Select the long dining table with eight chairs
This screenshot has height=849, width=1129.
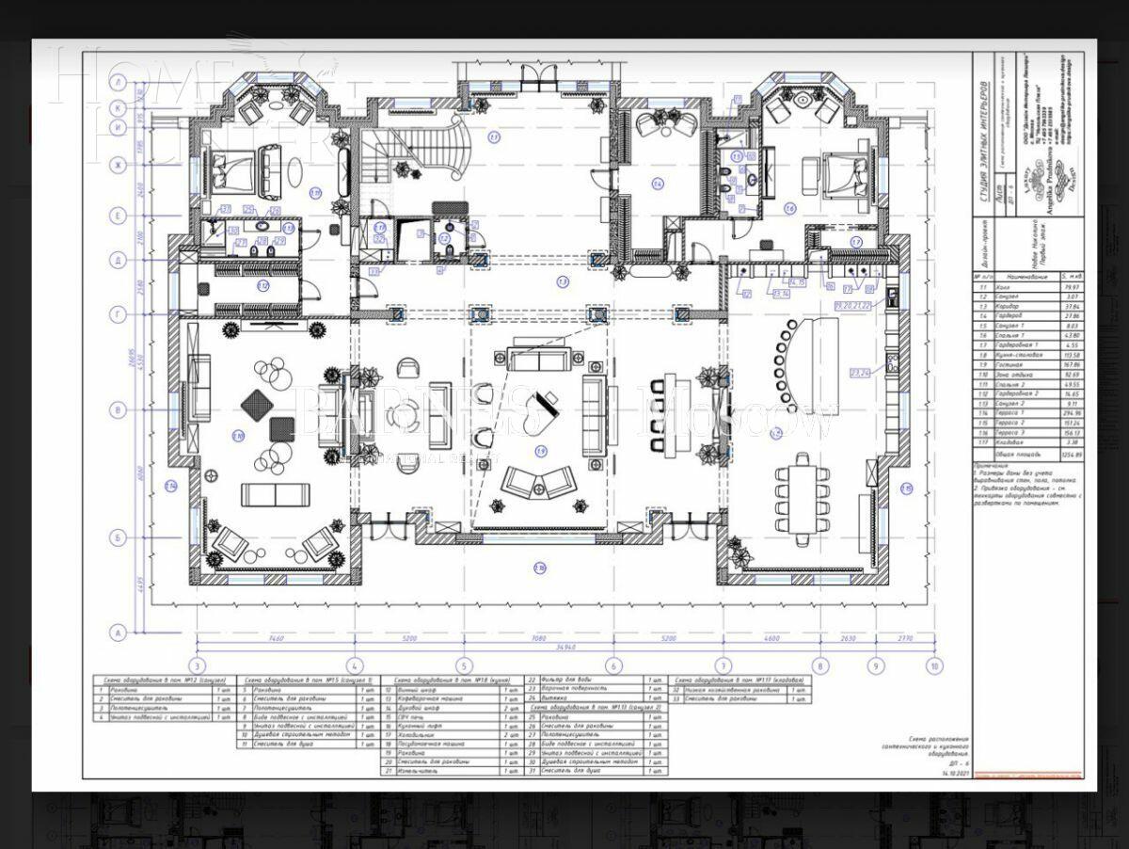coord(802,498)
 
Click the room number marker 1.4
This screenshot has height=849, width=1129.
coord(658,183)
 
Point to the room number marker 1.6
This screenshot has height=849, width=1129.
coord(789,208)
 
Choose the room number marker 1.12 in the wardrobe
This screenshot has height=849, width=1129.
coord(263,286)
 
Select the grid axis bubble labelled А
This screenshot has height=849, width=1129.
coord(119,633)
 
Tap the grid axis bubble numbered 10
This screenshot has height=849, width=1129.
coord(934,665)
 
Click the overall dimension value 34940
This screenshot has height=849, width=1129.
coord(565,649)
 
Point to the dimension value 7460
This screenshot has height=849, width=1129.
coord(276,638)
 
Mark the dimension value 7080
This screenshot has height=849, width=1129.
coord(537,638)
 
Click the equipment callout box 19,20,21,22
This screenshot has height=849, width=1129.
coord(852,305)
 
